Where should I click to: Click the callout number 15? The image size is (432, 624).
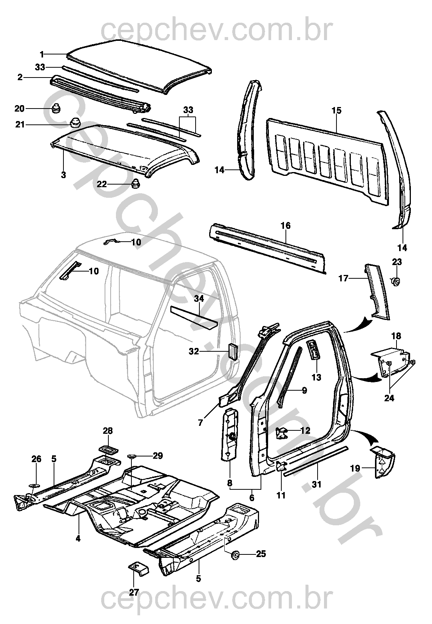[x=336, y=111]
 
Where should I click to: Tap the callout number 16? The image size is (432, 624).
[x=285, y=226]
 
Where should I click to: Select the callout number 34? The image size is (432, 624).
[x=199, y=299]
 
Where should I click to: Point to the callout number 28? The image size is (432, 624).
[x=108, y=431]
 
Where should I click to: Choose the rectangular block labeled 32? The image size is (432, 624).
[x=232, y=352]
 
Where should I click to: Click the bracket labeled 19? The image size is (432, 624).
[x=383, y=462]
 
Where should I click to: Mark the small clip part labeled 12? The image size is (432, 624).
[x=281, y=433]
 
